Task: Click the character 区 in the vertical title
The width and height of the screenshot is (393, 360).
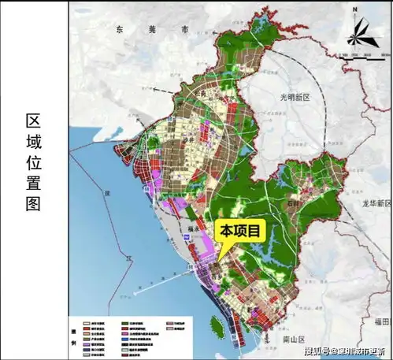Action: click(33, 121)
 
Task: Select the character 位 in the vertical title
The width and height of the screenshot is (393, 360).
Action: click(33, 169)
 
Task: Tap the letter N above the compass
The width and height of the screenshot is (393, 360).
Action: click(355, 9)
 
